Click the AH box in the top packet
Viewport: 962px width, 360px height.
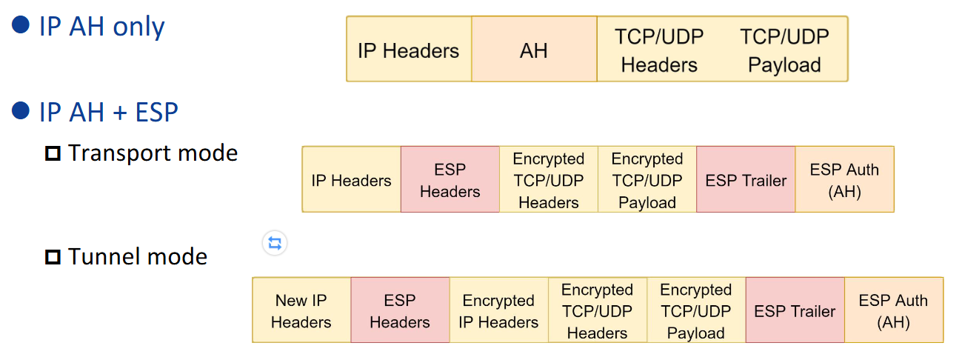tap(534, 50)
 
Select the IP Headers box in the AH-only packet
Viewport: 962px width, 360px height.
tap(408, 50)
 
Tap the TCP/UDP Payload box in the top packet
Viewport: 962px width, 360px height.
tap(784, 50)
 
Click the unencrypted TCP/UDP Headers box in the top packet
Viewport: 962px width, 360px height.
tap(659, 50)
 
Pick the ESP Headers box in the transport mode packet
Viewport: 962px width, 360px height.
tap(450, 180)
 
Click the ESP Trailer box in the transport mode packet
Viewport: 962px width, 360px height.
tap(746, 180)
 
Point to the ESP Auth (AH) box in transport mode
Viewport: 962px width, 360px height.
tap(844, 180)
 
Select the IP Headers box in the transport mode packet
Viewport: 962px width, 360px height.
tap(351, 180)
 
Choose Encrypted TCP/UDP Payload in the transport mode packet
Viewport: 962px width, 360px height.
tap(647, 180)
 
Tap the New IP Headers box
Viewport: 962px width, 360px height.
tap(301, 310)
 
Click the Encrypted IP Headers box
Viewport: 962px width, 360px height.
tap(498, 310)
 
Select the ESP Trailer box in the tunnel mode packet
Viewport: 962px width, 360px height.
tap(795, 310)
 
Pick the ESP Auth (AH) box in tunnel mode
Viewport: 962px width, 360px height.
tap(893, 310)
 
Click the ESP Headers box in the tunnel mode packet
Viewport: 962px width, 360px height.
tap(400, 310)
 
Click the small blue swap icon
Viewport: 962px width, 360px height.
tap(275, 243)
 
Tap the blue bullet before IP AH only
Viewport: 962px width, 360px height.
tap(21, 25)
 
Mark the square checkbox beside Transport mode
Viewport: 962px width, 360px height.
tap(52, 154)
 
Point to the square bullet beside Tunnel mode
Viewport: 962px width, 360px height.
tap(52, 258)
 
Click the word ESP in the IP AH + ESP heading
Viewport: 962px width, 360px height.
tap(157, 113)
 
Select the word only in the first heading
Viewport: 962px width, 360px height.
tap(139, 27)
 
